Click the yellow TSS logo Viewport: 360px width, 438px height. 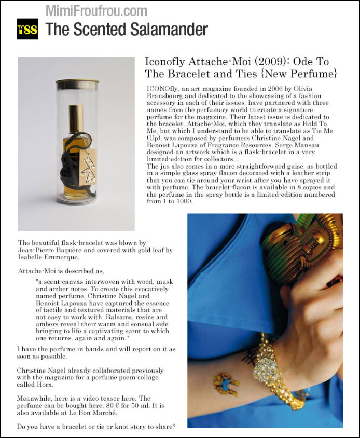tap(27, 30)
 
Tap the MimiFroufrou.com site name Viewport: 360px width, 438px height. tap(96, 10)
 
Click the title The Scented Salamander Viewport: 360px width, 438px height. tap(127, 30)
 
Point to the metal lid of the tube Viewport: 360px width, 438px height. tap(77, 85)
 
